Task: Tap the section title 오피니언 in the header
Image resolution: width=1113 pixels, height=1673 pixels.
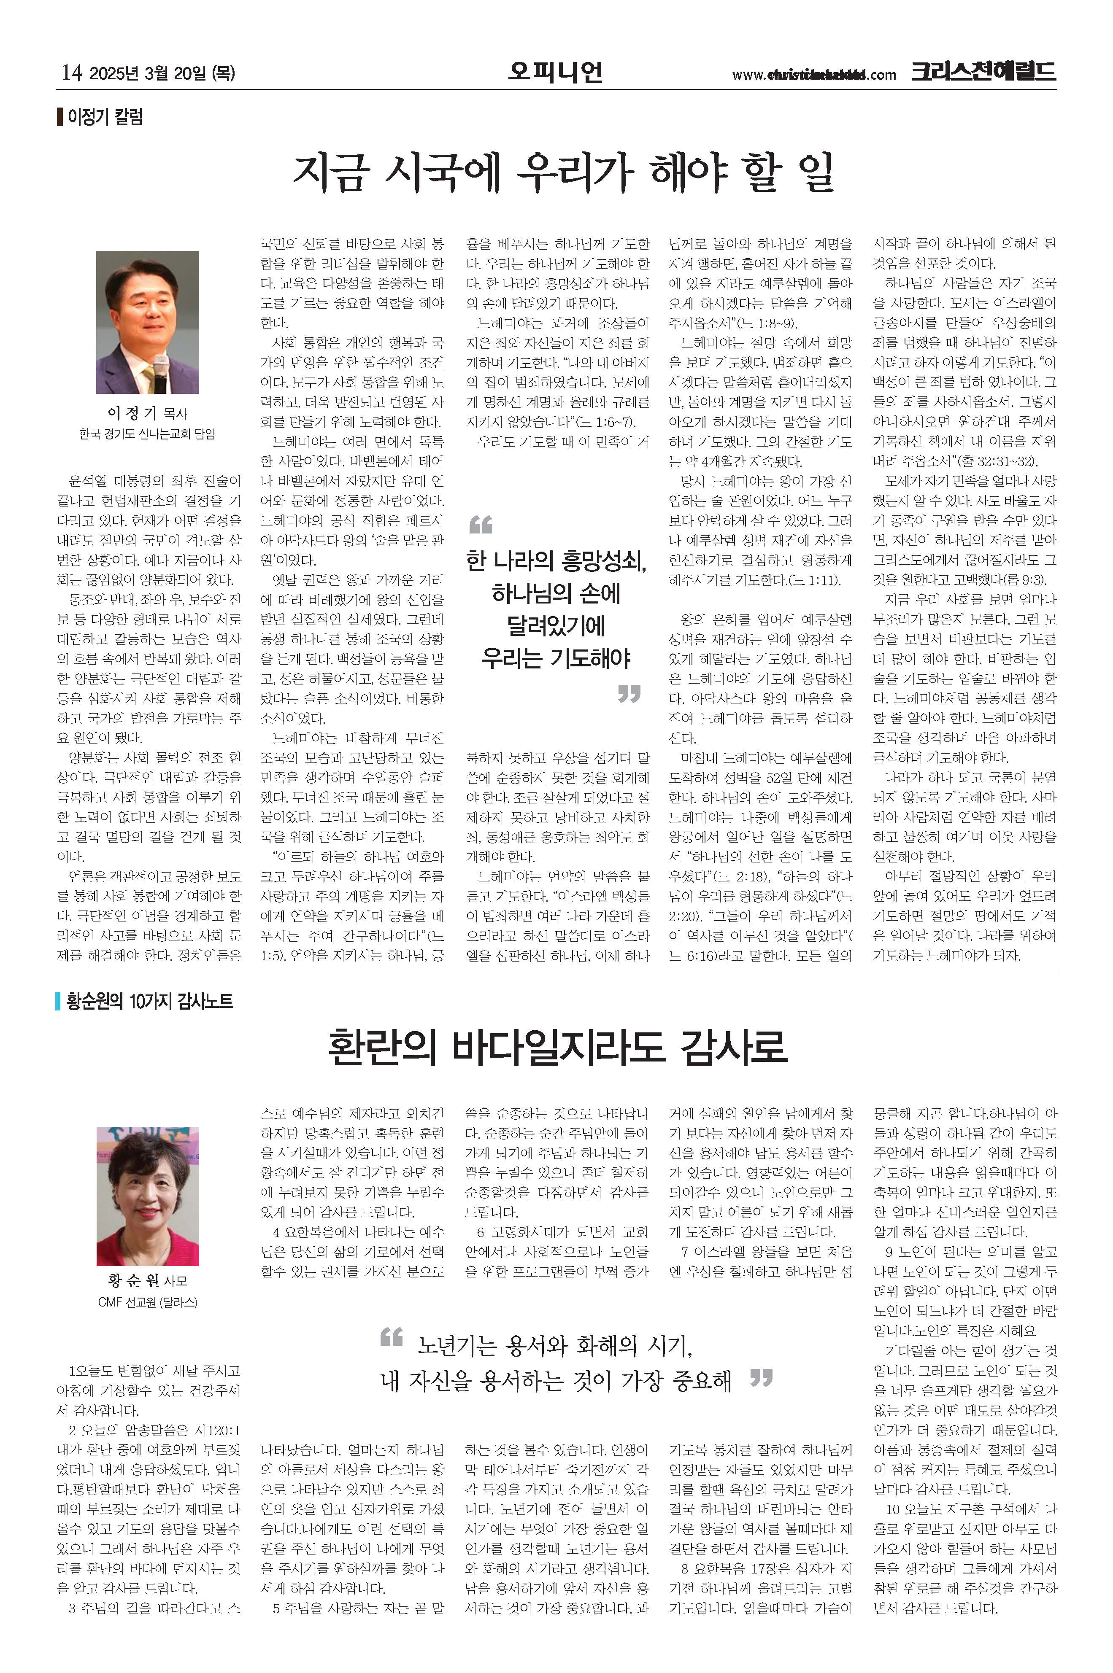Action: point(556,72)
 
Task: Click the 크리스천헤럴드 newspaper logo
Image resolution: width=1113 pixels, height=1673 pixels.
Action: point(984,72)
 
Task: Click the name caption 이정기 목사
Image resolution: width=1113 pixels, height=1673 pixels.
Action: point(147,413)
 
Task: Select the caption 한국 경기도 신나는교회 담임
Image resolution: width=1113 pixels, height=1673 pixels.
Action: point(147,434)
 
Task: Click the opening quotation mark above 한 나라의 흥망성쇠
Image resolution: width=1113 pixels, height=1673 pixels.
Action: point(481,525)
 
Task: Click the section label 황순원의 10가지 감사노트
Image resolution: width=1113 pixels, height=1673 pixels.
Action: point(149,1001)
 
